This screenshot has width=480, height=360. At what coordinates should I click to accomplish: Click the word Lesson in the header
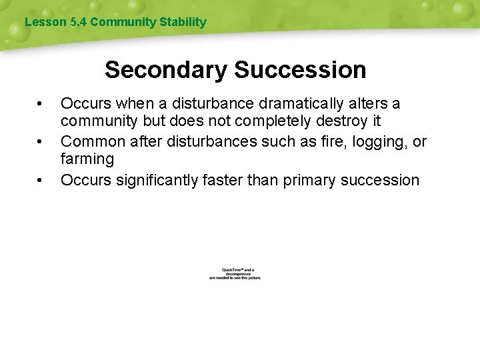tap(45, 22)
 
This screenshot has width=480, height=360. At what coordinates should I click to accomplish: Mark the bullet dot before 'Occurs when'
tap(41, 105)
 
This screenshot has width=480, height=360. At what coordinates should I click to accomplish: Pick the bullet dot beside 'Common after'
tap(41, 142)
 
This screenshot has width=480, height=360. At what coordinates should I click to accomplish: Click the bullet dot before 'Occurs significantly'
tap(41, 180)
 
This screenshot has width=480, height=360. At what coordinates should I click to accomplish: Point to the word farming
tap(87, 160)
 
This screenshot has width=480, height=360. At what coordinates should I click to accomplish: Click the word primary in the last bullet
tap(310, 181)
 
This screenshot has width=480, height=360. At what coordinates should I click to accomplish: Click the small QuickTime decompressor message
tap(235, 274)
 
